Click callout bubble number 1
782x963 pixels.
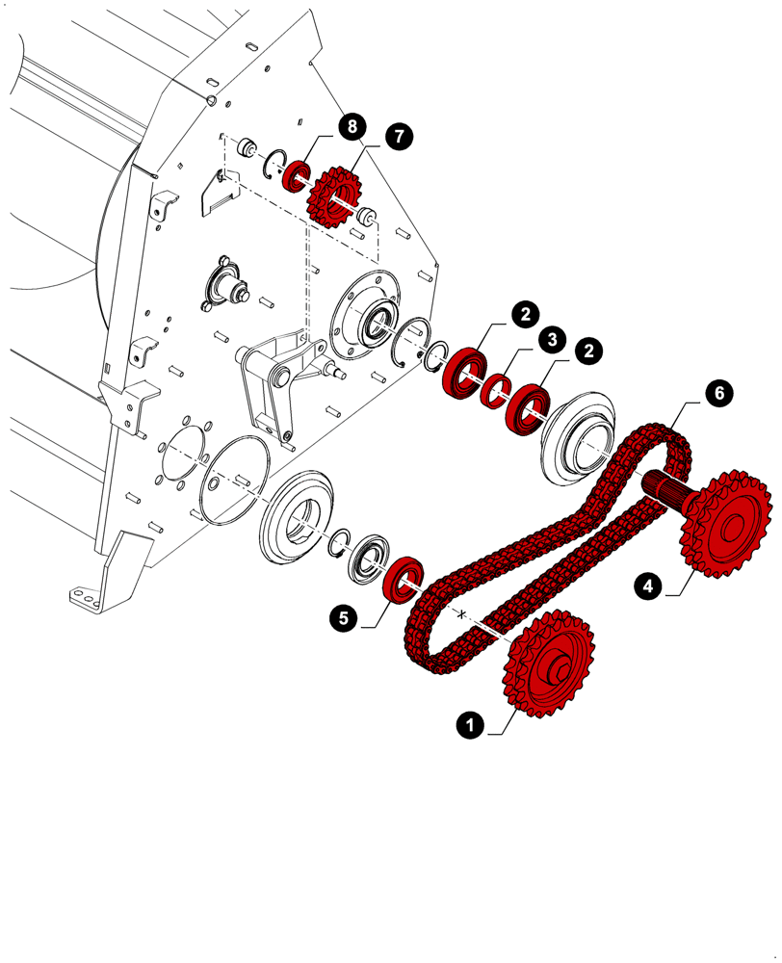click(470, 725)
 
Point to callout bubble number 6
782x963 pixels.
click(717, 393)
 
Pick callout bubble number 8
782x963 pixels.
click(352, 126)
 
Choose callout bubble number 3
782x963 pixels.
click(551, 340)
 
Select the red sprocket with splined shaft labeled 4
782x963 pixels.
click(727, 525)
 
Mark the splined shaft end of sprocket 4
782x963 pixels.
click(663, 487)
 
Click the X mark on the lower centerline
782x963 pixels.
click(462, 613)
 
